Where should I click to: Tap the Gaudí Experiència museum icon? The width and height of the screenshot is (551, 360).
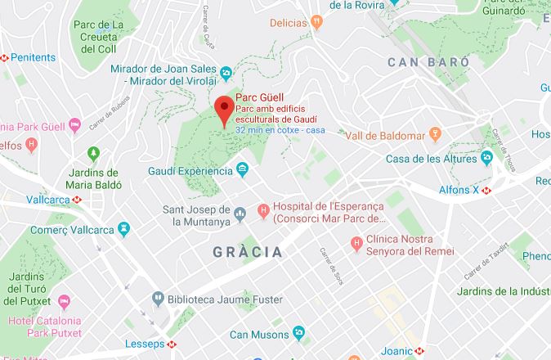pyautogui.click(x=243, y=169)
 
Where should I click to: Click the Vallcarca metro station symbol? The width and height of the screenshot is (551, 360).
pyautogui.click(x=77, y=200)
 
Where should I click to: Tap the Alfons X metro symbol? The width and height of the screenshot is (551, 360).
pyautogui.click(x=486, y=190)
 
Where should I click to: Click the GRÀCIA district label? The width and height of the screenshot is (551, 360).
pyautogui.click(x=247, y=251)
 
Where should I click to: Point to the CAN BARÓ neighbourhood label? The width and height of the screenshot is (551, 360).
pyautogui.click(x=428, y=62)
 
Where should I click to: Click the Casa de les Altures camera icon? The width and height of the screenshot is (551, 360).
pyautogui.click(x=486, y=157)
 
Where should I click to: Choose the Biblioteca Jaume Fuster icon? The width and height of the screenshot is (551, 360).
pyautogui.click(x=157, y=299)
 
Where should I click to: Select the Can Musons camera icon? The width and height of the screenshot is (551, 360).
pyautogui.click(x=299, y=334)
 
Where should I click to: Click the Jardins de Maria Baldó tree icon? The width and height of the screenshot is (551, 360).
pyautogui.click(x=93, y=153)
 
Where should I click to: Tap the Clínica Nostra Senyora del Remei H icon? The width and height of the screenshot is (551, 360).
pyautogui.click(x=356, y=243)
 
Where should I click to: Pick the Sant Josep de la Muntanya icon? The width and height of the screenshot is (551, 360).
pyautogui.click(x=240, y=214)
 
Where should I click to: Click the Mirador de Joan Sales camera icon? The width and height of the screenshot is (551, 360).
pyautogui.click(x=226, y=74)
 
